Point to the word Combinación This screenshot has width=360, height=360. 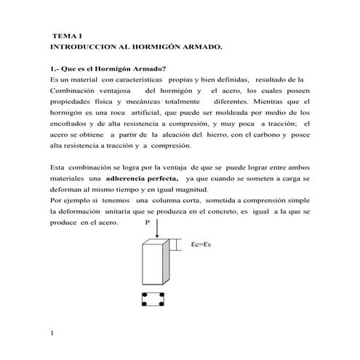pos(75,89)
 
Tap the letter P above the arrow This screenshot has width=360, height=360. pos(148,223)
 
